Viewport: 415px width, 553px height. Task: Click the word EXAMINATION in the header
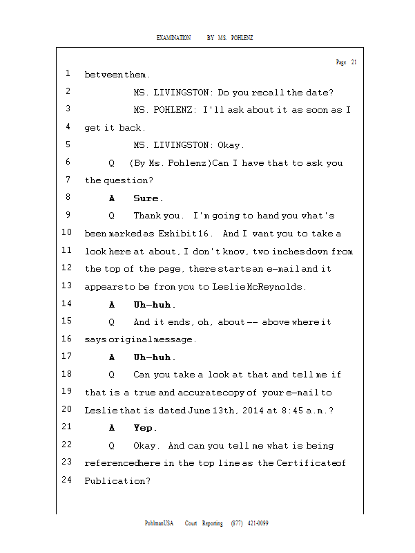(x=173, y=37)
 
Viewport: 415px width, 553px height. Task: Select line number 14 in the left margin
(x=67, y=304)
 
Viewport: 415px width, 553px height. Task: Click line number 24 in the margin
(x=67, y=480)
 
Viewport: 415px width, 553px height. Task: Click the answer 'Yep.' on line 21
(x=146, y=428)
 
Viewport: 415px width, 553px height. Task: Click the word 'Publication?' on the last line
(x=117, y=480)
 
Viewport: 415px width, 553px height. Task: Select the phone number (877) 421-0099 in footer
(x=250, y=523)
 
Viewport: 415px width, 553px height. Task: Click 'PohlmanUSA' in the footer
(x=159, y=523)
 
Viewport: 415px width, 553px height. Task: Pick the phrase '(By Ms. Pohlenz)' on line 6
(x=170, y=163)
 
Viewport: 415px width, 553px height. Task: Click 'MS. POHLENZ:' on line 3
(x=165, y=110)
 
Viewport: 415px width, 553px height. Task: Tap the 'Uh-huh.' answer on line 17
(x=155, y=357)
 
